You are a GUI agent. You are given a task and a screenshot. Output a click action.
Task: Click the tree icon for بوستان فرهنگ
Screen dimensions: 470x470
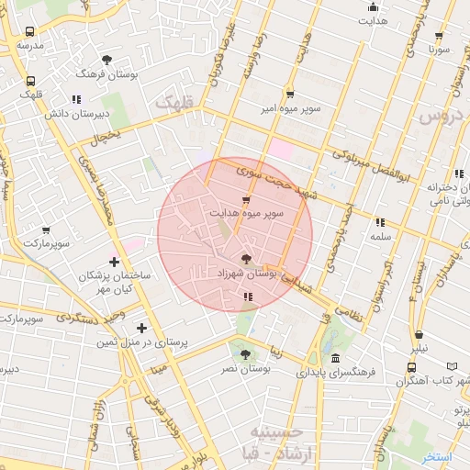(x=107, y=60)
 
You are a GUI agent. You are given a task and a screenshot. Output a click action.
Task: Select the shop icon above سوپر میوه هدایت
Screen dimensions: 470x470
(x=245, y=200)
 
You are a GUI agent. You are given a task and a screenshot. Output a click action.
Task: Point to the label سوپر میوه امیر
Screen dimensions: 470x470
(x=289, y=108)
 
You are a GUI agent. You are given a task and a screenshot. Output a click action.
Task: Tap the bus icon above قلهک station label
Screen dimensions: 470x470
(x=32, y=82)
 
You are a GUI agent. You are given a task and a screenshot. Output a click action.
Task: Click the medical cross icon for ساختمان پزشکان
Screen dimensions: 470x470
(x=114, y=263)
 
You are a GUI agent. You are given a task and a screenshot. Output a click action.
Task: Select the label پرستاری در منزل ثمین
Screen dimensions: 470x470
(x=140, y=341)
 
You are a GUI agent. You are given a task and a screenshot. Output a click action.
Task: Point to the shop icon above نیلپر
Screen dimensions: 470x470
(x=420, y=335)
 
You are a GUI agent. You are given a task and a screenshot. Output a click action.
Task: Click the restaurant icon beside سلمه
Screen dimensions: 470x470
(x=379, y=221)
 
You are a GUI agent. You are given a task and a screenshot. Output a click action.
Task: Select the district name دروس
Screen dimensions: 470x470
(x=438, y=117)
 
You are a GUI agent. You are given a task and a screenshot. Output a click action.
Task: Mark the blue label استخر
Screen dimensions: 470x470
(x=437, y=456)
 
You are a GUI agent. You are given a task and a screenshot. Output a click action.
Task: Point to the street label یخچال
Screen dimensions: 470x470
(x=104, y=139)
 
